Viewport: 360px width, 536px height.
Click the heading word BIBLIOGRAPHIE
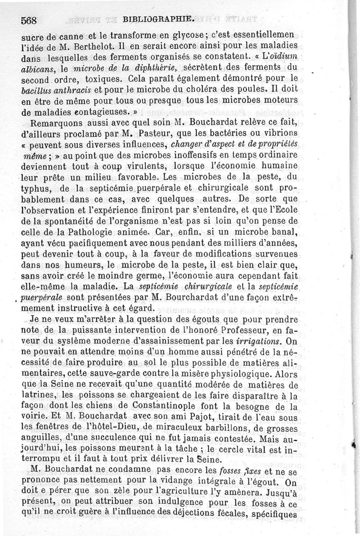pyautogui.click(x=160, y=19)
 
